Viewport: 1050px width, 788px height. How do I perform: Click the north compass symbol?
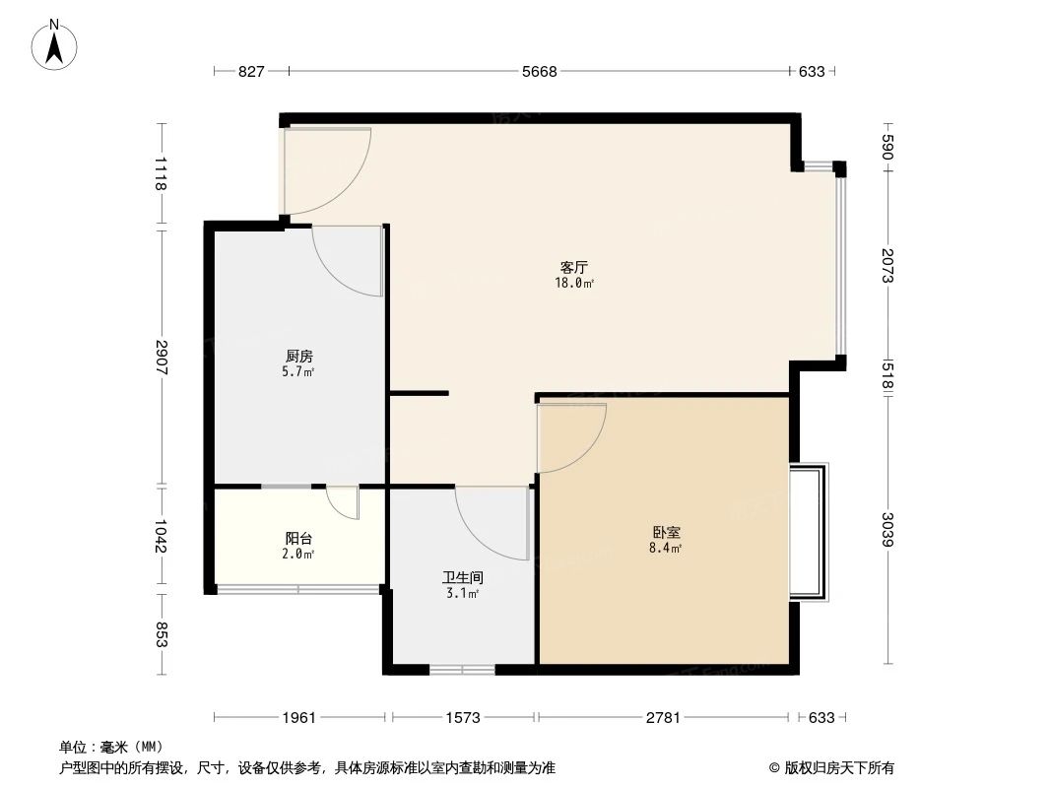[x=56, y=44]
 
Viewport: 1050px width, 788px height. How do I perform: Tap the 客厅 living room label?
[x=574, y=267]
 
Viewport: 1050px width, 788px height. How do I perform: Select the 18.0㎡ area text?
[x=574, y=284]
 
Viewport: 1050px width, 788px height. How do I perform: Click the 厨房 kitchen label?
[x=299, y=356]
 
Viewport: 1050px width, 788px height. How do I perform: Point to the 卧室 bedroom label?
[x=667, y=531]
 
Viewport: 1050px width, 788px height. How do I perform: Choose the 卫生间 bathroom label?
[x=462, y=578]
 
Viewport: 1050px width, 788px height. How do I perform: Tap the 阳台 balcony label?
[x=299, y=538]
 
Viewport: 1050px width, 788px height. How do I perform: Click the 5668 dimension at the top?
[x=540, y=71]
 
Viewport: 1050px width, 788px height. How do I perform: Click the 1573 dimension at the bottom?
[x=462, y=718]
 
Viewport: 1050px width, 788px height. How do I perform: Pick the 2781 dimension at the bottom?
[x=663, y=718]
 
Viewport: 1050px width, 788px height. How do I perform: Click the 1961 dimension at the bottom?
[x=299, y=718]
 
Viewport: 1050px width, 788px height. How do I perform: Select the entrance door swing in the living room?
[x=325, y=172]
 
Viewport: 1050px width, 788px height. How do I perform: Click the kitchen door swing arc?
[x=347, y=261]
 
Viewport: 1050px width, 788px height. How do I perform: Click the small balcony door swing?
[x=343, y=502]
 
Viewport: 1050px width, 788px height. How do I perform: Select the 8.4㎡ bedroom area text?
[x=667, y=548]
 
